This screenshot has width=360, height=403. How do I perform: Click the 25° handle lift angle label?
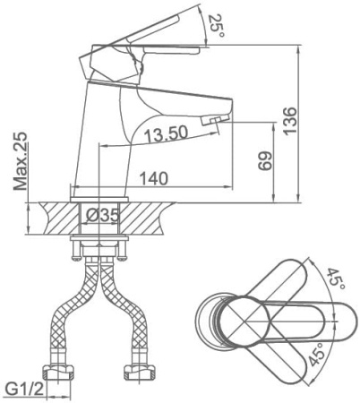pos(217,25)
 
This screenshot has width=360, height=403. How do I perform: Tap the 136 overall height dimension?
pos(290,121)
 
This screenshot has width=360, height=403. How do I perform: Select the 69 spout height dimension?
pos(265,161)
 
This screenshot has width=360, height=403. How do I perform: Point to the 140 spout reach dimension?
pos(154,179)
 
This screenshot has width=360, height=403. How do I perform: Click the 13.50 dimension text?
pos(167,133)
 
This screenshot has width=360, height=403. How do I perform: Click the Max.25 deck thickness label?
pos(21,161)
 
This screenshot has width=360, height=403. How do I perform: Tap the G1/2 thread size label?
pos(25,390)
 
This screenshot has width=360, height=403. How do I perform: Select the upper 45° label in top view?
pos(335,279)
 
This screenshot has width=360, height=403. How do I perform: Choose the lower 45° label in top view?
pos(316,354)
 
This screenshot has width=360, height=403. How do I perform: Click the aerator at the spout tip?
pos(214,120)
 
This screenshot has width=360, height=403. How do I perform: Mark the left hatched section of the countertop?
pos(60,218)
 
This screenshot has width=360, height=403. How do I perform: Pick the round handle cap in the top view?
pos(245,322)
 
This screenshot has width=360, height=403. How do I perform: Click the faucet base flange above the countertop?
pos(99,200)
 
